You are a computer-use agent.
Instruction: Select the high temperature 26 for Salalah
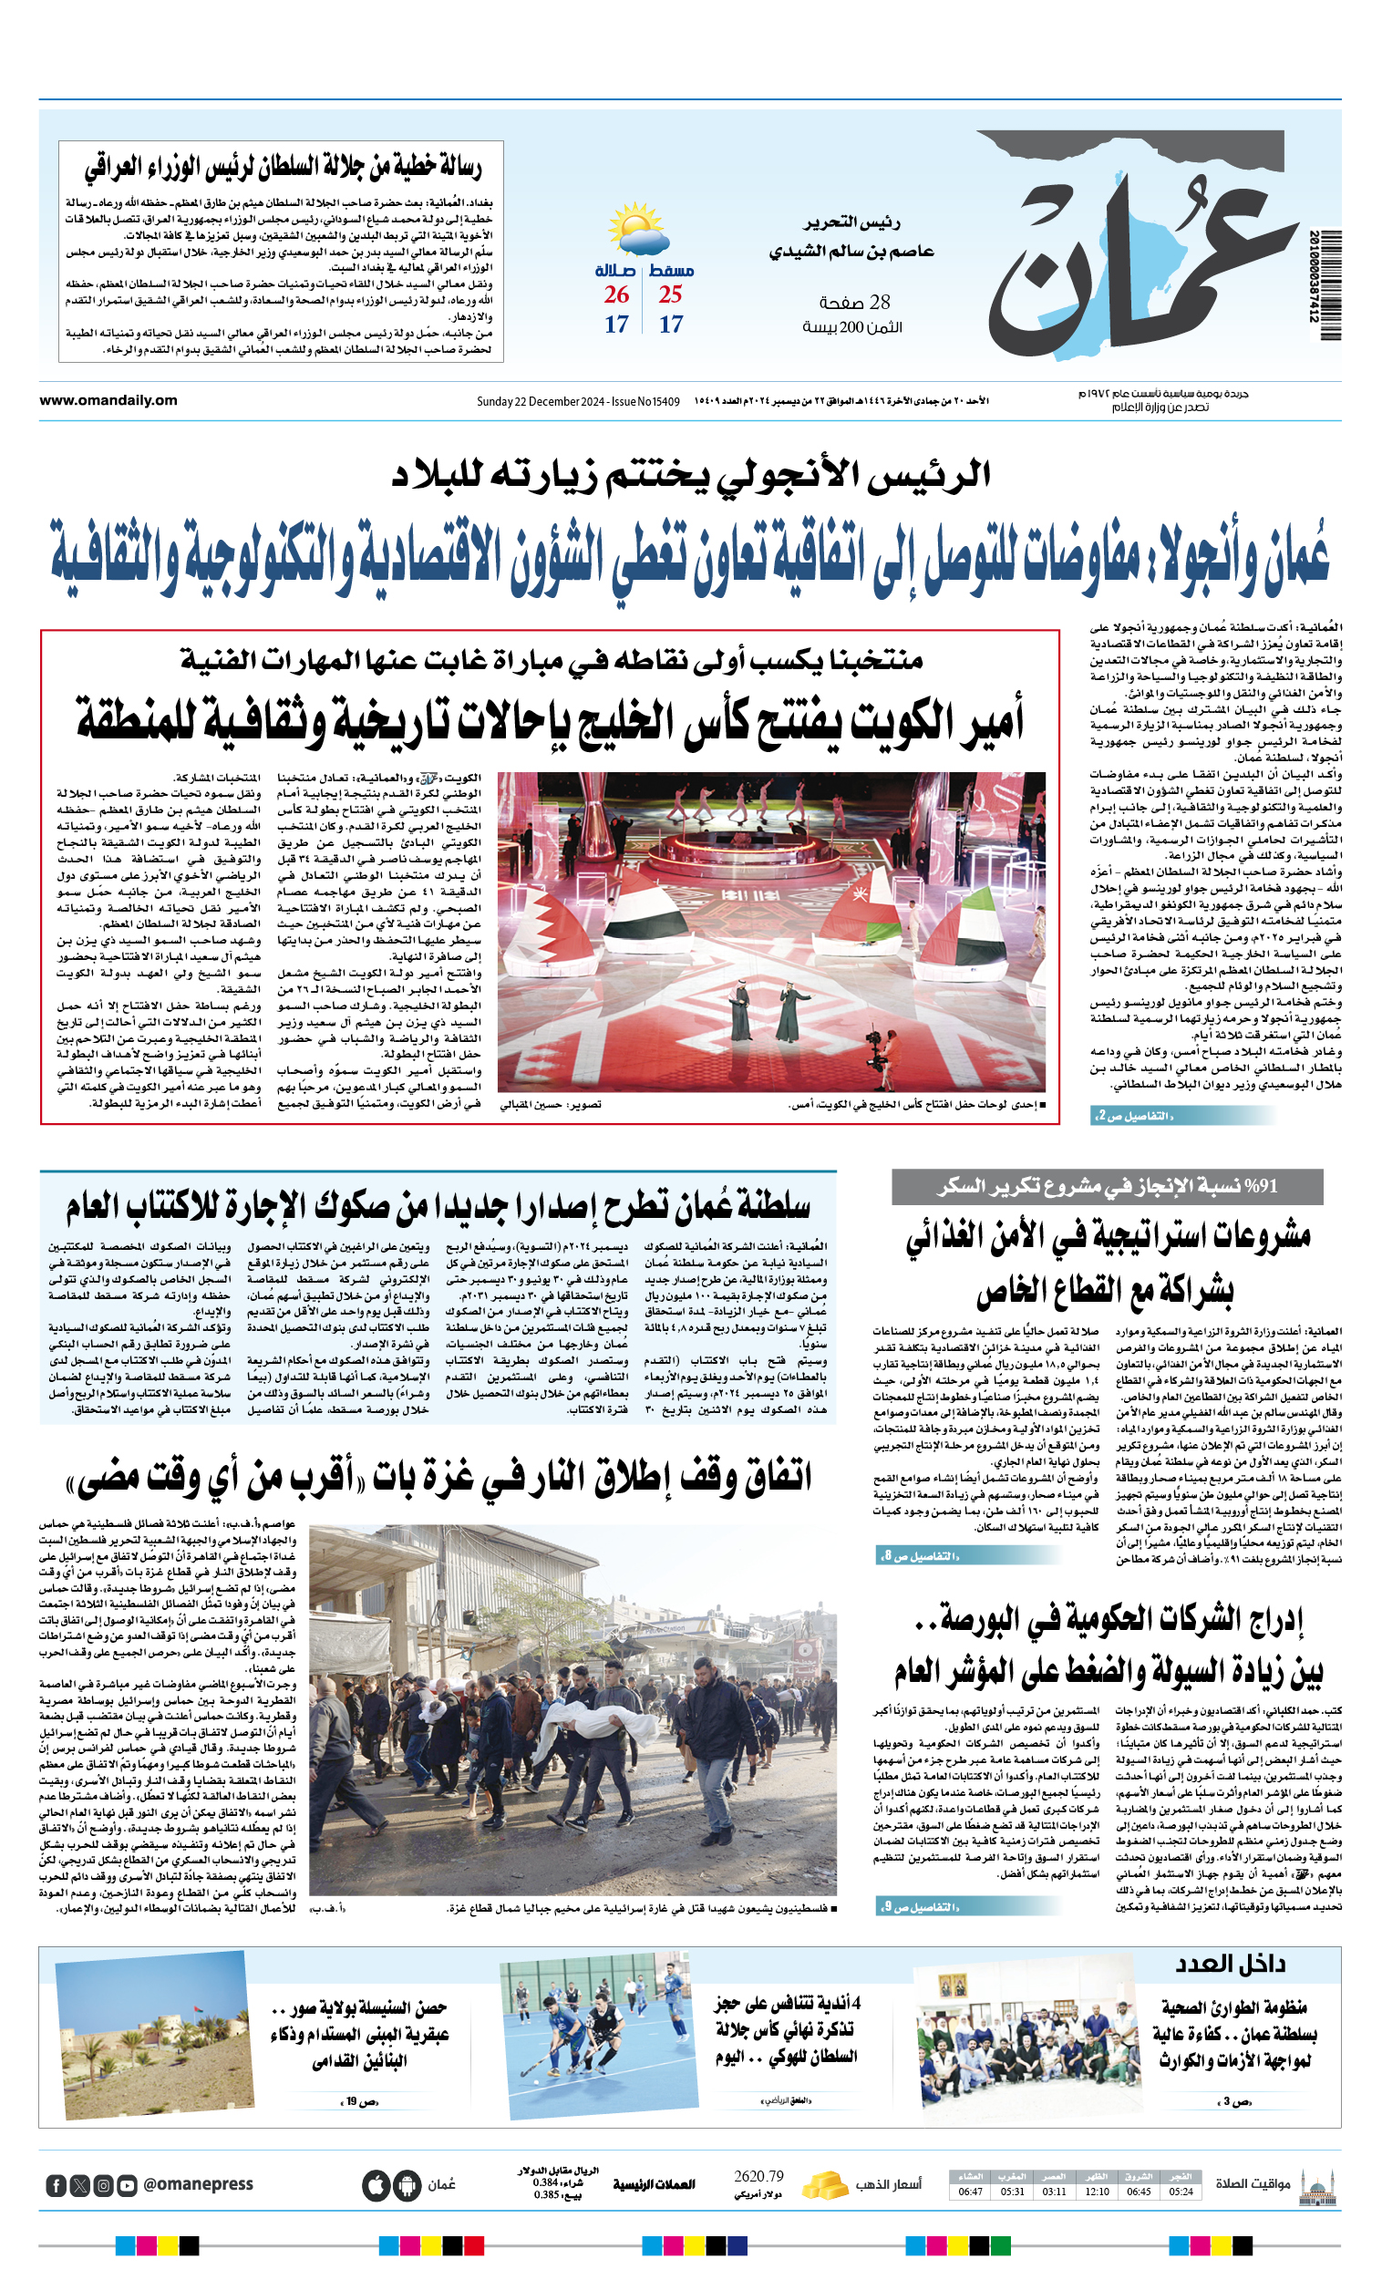click(x=616, y=294)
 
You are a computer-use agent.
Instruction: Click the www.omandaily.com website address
click(x=108, y=400)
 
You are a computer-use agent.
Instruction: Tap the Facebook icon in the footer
click(x=57, y=2185)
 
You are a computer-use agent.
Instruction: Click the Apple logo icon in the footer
click(x=376, y=2185)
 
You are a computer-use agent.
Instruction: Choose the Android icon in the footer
click(x=407, y=2185)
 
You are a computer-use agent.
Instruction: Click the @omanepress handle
click(x=198, y=2184)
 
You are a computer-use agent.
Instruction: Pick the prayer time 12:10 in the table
click(x=1097, y=2192)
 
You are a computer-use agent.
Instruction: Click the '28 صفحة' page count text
click(x=855, y=302)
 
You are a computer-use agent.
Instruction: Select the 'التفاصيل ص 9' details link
click(x=919, y=1908)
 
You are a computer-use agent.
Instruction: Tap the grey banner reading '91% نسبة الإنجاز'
click(x=1107, y=1187)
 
